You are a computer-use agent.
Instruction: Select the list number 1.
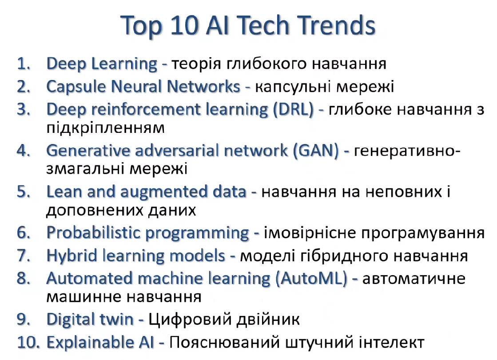click(x=24, y=64)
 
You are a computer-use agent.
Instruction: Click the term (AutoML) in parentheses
click(x=312, y=279)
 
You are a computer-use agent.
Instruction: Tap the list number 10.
click(x=28, y=343)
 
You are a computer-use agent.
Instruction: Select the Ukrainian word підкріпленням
click(x=105, y=128)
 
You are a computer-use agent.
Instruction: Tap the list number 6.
click(x=24, y=233)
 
